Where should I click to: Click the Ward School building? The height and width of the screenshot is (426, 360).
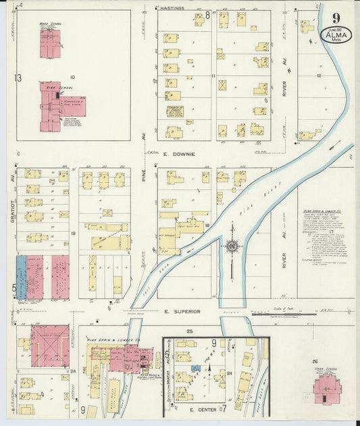pyautogui.click(x=50, y=43)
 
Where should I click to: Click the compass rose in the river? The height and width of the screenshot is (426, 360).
pyautogui.click(x=232, y=248)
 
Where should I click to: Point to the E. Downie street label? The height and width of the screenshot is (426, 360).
pyautogui.click(x=178, y=154)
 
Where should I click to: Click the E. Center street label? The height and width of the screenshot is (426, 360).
pyautogui.click(x=201, y=409)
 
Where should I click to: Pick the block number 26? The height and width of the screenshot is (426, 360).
pyautogui.click(x=314, y=363)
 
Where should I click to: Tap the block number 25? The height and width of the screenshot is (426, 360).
pyautogui.click(x=190, y=331)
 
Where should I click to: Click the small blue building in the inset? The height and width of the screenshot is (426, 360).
pyautogui.click(x=195, y=368)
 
